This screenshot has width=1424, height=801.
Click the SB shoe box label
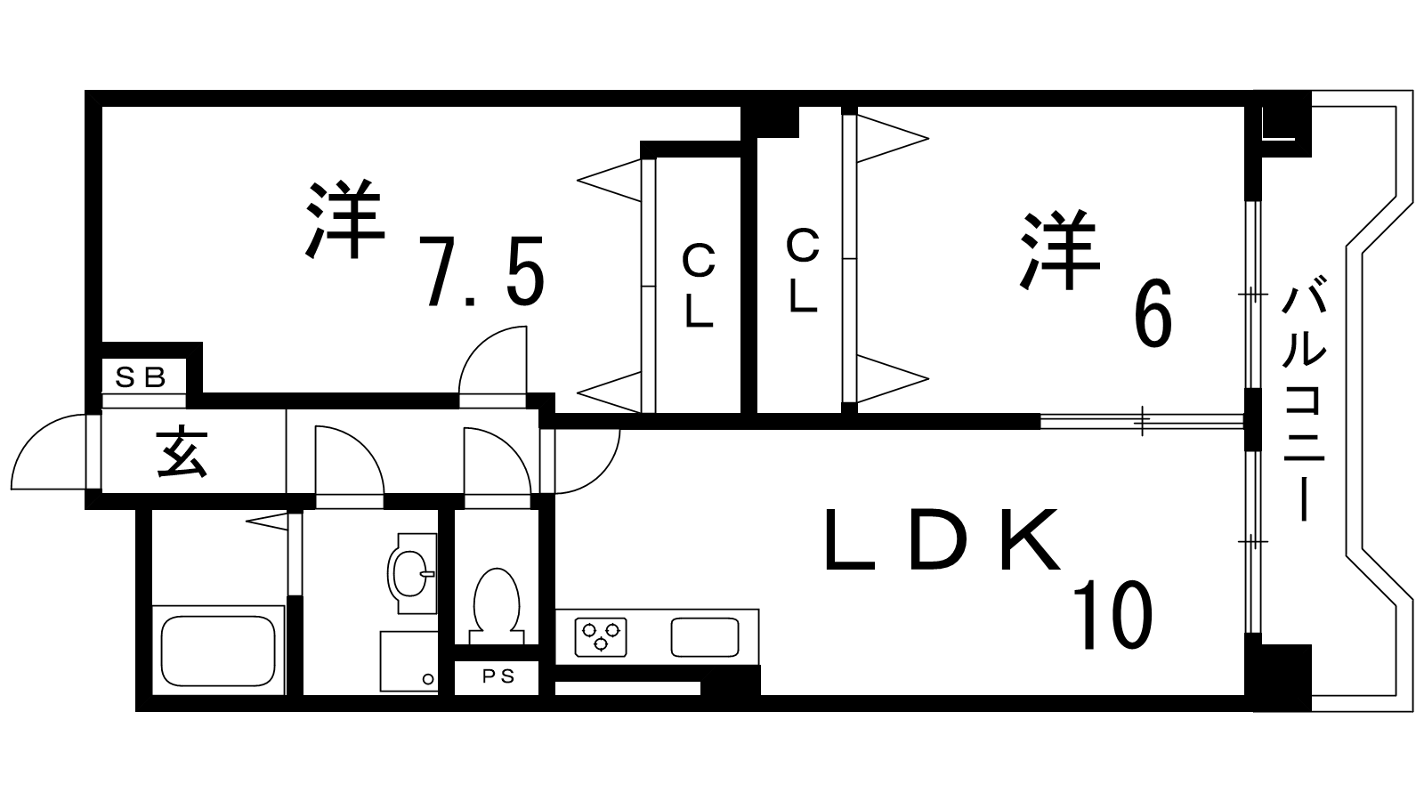click(x=142, y=377)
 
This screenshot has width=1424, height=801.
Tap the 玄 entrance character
click(x=183, y=451)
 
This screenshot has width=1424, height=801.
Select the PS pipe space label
click(x=498, y=676)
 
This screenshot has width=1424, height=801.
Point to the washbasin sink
click(x=412, y=574)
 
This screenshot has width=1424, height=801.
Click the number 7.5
click(x=481, y=271)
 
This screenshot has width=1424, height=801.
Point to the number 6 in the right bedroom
click(x=1153, y=317)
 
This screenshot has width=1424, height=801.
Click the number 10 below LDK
click(x=1112, y=615)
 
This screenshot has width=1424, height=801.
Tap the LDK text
click(x=943, y=539)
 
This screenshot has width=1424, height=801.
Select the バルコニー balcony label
click(x=1303, y=400)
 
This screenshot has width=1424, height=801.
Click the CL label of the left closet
click(x=699, y=287)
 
